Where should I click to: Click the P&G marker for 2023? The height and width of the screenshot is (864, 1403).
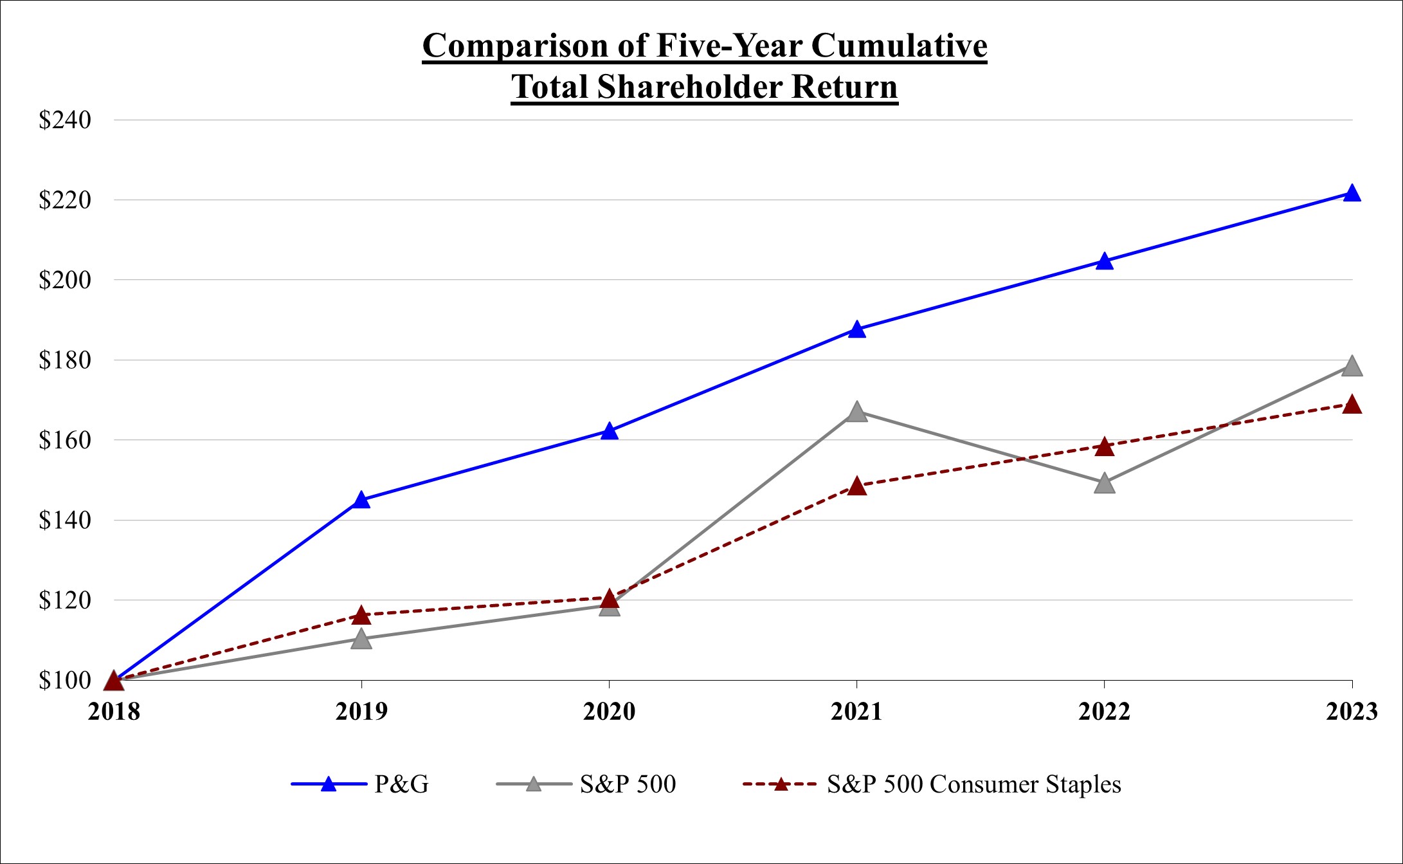(1352, 193)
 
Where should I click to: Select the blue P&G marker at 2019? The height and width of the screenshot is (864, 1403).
(361, 500)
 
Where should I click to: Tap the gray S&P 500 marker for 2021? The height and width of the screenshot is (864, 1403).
(856, 412)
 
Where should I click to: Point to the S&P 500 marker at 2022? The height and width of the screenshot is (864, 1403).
(1104, 483)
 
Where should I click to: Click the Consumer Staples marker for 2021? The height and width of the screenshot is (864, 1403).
(856, 486)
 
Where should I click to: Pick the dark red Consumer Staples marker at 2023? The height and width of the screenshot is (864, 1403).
(1352, 405)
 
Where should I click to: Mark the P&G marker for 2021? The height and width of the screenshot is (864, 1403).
(856, 329)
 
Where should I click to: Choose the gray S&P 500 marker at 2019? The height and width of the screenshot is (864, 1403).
(361, 639)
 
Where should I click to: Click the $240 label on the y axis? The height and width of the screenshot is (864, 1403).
(64, 120)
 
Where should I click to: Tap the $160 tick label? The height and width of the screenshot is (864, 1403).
(64, 441)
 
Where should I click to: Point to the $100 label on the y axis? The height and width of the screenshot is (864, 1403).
(64, 681)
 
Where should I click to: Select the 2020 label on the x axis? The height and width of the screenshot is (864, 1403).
(609, 712)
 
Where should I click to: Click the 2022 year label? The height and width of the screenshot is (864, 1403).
(1104, 712)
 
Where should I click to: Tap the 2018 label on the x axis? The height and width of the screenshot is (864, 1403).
(114, 712)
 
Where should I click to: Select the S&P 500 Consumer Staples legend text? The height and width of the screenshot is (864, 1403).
(973, 784)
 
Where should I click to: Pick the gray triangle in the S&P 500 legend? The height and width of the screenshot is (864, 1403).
(533, 784)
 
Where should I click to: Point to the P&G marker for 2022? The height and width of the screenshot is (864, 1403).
(1104, 261)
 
